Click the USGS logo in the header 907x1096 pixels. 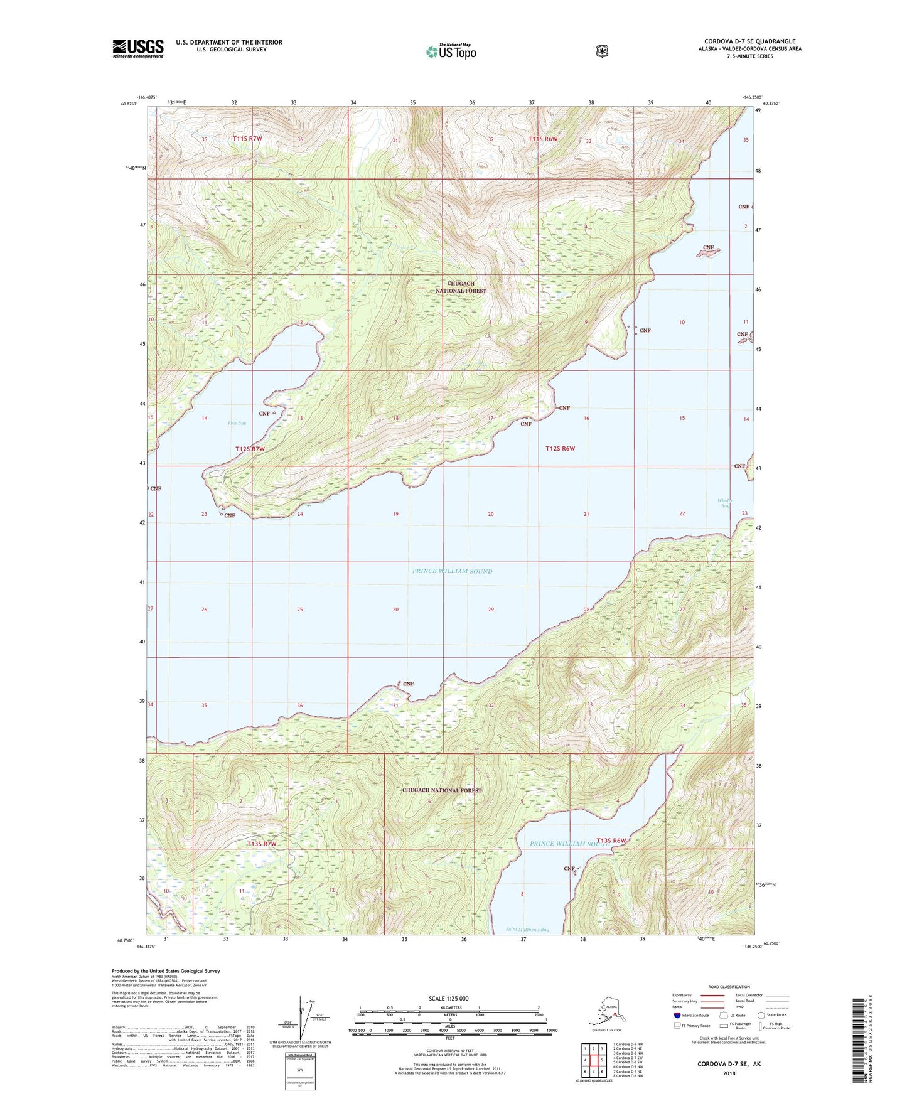[x=138, y=48]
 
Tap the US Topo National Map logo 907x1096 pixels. [x=451, y=51]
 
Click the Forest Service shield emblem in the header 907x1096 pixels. [x=602, y=51]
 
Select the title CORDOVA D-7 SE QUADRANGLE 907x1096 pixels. [x=749, y=41]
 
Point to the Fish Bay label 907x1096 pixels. [x=237, y=424]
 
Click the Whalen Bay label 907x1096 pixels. [x=726, y=503]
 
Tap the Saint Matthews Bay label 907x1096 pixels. [x=527, y=930]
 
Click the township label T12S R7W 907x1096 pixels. [x=250, y=449]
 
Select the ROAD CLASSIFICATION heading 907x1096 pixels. [x=730, y=987]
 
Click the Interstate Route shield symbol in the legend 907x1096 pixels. [x=677, y=1014]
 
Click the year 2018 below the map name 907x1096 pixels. [x=729, y=1073]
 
